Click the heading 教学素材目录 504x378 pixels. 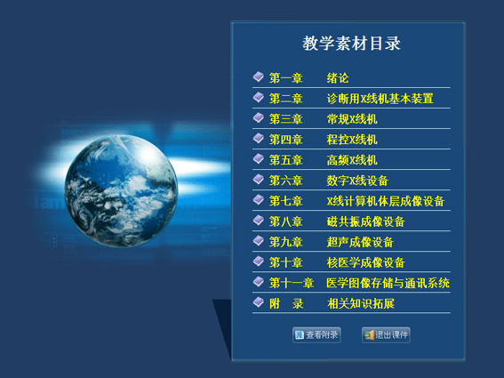351,44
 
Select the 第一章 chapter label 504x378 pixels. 285,78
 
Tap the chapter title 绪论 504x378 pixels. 338,78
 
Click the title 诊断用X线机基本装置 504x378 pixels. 380,99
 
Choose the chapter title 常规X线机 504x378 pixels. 352,119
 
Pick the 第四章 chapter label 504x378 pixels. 285,140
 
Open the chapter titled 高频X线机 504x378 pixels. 352,160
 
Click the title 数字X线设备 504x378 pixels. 357,181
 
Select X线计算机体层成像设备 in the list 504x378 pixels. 386,201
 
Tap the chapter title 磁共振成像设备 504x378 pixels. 365,221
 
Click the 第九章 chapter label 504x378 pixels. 285,242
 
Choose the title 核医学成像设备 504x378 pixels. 365,263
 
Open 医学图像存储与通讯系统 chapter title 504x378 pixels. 388,283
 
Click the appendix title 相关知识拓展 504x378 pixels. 361,303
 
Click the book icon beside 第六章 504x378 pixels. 259,179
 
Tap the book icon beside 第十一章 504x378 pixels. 259,281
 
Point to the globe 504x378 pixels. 121,191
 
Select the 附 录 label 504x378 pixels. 286,303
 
